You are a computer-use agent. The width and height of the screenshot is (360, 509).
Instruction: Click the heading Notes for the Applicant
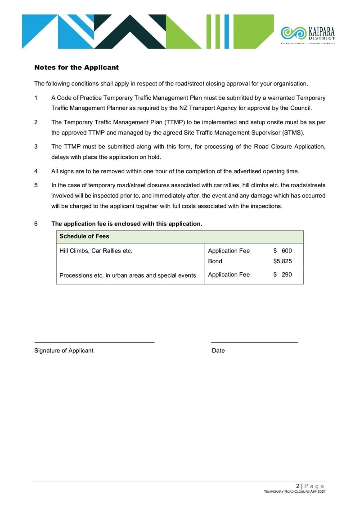click(76, 68)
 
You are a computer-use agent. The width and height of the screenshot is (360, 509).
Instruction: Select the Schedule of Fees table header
click(84, 236)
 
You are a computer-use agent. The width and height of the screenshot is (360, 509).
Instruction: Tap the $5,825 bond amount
click(283, 261)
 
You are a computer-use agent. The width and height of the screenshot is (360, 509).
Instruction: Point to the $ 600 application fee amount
click(283, 251)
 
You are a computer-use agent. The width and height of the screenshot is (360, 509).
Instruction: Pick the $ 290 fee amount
click(283, 275)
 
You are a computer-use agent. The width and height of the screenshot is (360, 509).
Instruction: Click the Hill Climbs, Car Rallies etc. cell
click(96, 251)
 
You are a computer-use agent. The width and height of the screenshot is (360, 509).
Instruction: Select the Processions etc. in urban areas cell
click(128, 275)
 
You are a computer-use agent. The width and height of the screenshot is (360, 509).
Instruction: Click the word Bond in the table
click(215, 261)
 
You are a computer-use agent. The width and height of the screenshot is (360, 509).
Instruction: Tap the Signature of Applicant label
click(64, 351)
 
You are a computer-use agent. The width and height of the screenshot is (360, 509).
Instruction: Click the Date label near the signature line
click(218, 351)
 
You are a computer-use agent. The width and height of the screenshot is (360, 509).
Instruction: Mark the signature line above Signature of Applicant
click(94, 343)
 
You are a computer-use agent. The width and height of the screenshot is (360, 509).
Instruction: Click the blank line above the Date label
click(255, 343)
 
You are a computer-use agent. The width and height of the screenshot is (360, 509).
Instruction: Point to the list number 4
click(36, 171)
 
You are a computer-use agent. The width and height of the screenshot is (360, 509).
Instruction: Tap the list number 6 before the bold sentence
click(36, 224)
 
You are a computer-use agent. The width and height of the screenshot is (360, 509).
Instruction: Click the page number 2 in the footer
click(298, 486)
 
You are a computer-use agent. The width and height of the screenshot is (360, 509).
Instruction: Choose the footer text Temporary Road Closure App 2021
click(294, 492)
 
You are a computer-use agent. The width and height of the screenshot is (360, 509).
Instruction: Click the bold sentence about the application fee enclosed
click(127, 224)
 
